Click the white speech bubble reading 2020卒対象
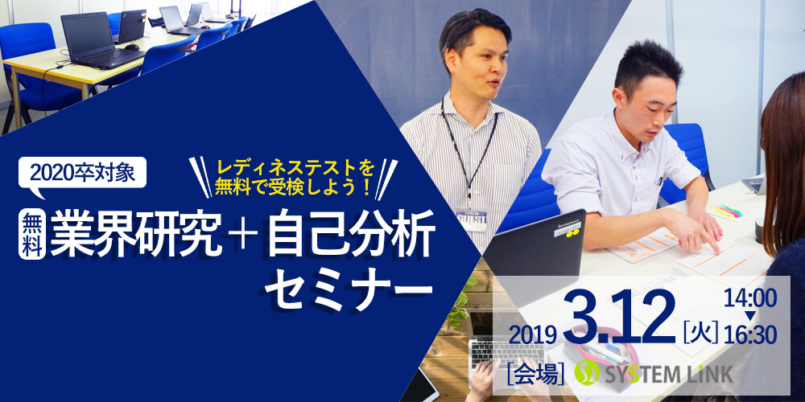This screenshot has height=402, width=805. coord(82,174)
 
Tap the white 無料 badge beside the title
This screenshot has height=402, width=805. coord(32,236)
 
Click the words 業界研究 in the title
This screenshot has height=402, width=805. coord(136,236)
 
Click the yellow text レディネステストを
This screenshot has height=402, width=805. coord(295,168)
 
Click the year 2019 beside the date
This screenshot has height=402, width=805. coord(533,335)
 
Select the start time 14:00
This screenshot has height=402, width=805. coord(750,298)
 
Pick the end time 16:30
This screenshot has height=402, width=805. coord(750,336)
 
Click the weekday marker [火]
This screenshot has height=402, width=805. coord(701,335)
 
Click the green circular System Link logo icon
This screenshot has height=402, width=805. coord(587,373)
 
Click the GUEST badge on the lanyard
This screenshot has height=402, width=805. coord(471,220)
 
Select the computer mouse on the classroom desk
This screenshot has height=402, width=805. coord(132,47)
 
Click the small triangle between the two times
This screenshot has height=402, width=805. coord(750,316)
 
